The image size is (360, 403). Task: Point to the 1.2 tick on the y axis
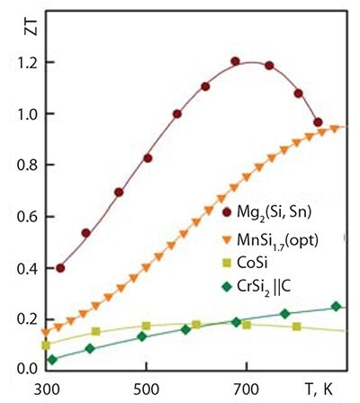pyautogui.click(x=18, y=64)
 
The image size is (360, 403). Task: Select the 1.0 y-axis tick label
pyautogui.click(x=18, y=115)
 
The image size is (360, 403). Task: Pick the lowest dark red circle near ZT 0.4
pyautogui.click(x=60, y=268)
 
